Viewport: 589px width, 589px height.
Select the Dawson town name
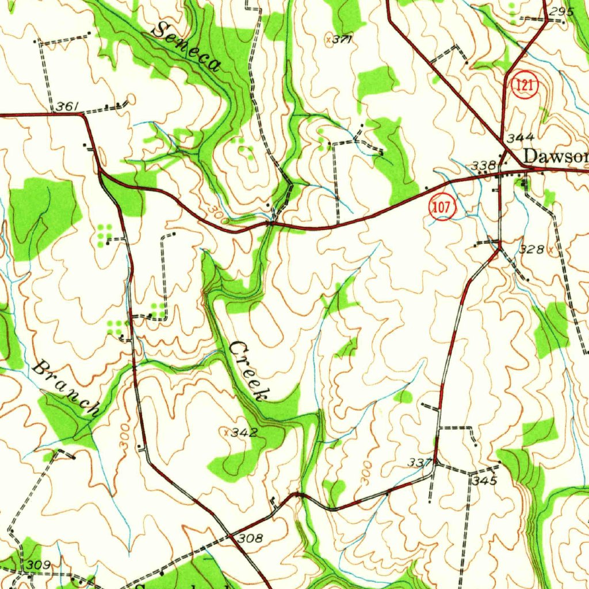[556, 156]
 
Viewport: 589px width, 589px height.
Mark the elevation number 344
[521, 137]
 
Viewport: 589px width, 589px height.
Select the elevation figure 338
[483, 166]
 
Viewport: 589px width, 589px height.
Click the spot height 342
[243, 432]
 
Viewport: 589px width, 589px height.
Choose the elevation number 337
[420, 462]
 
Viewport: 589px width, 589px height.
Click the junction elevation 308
[250, 538]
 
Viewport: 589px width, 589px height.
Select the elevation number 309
[39, 564]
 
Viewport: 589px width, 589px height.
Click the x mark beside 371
[328, 39]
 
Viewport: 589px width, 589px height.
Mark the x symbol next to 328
[550, 250]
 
